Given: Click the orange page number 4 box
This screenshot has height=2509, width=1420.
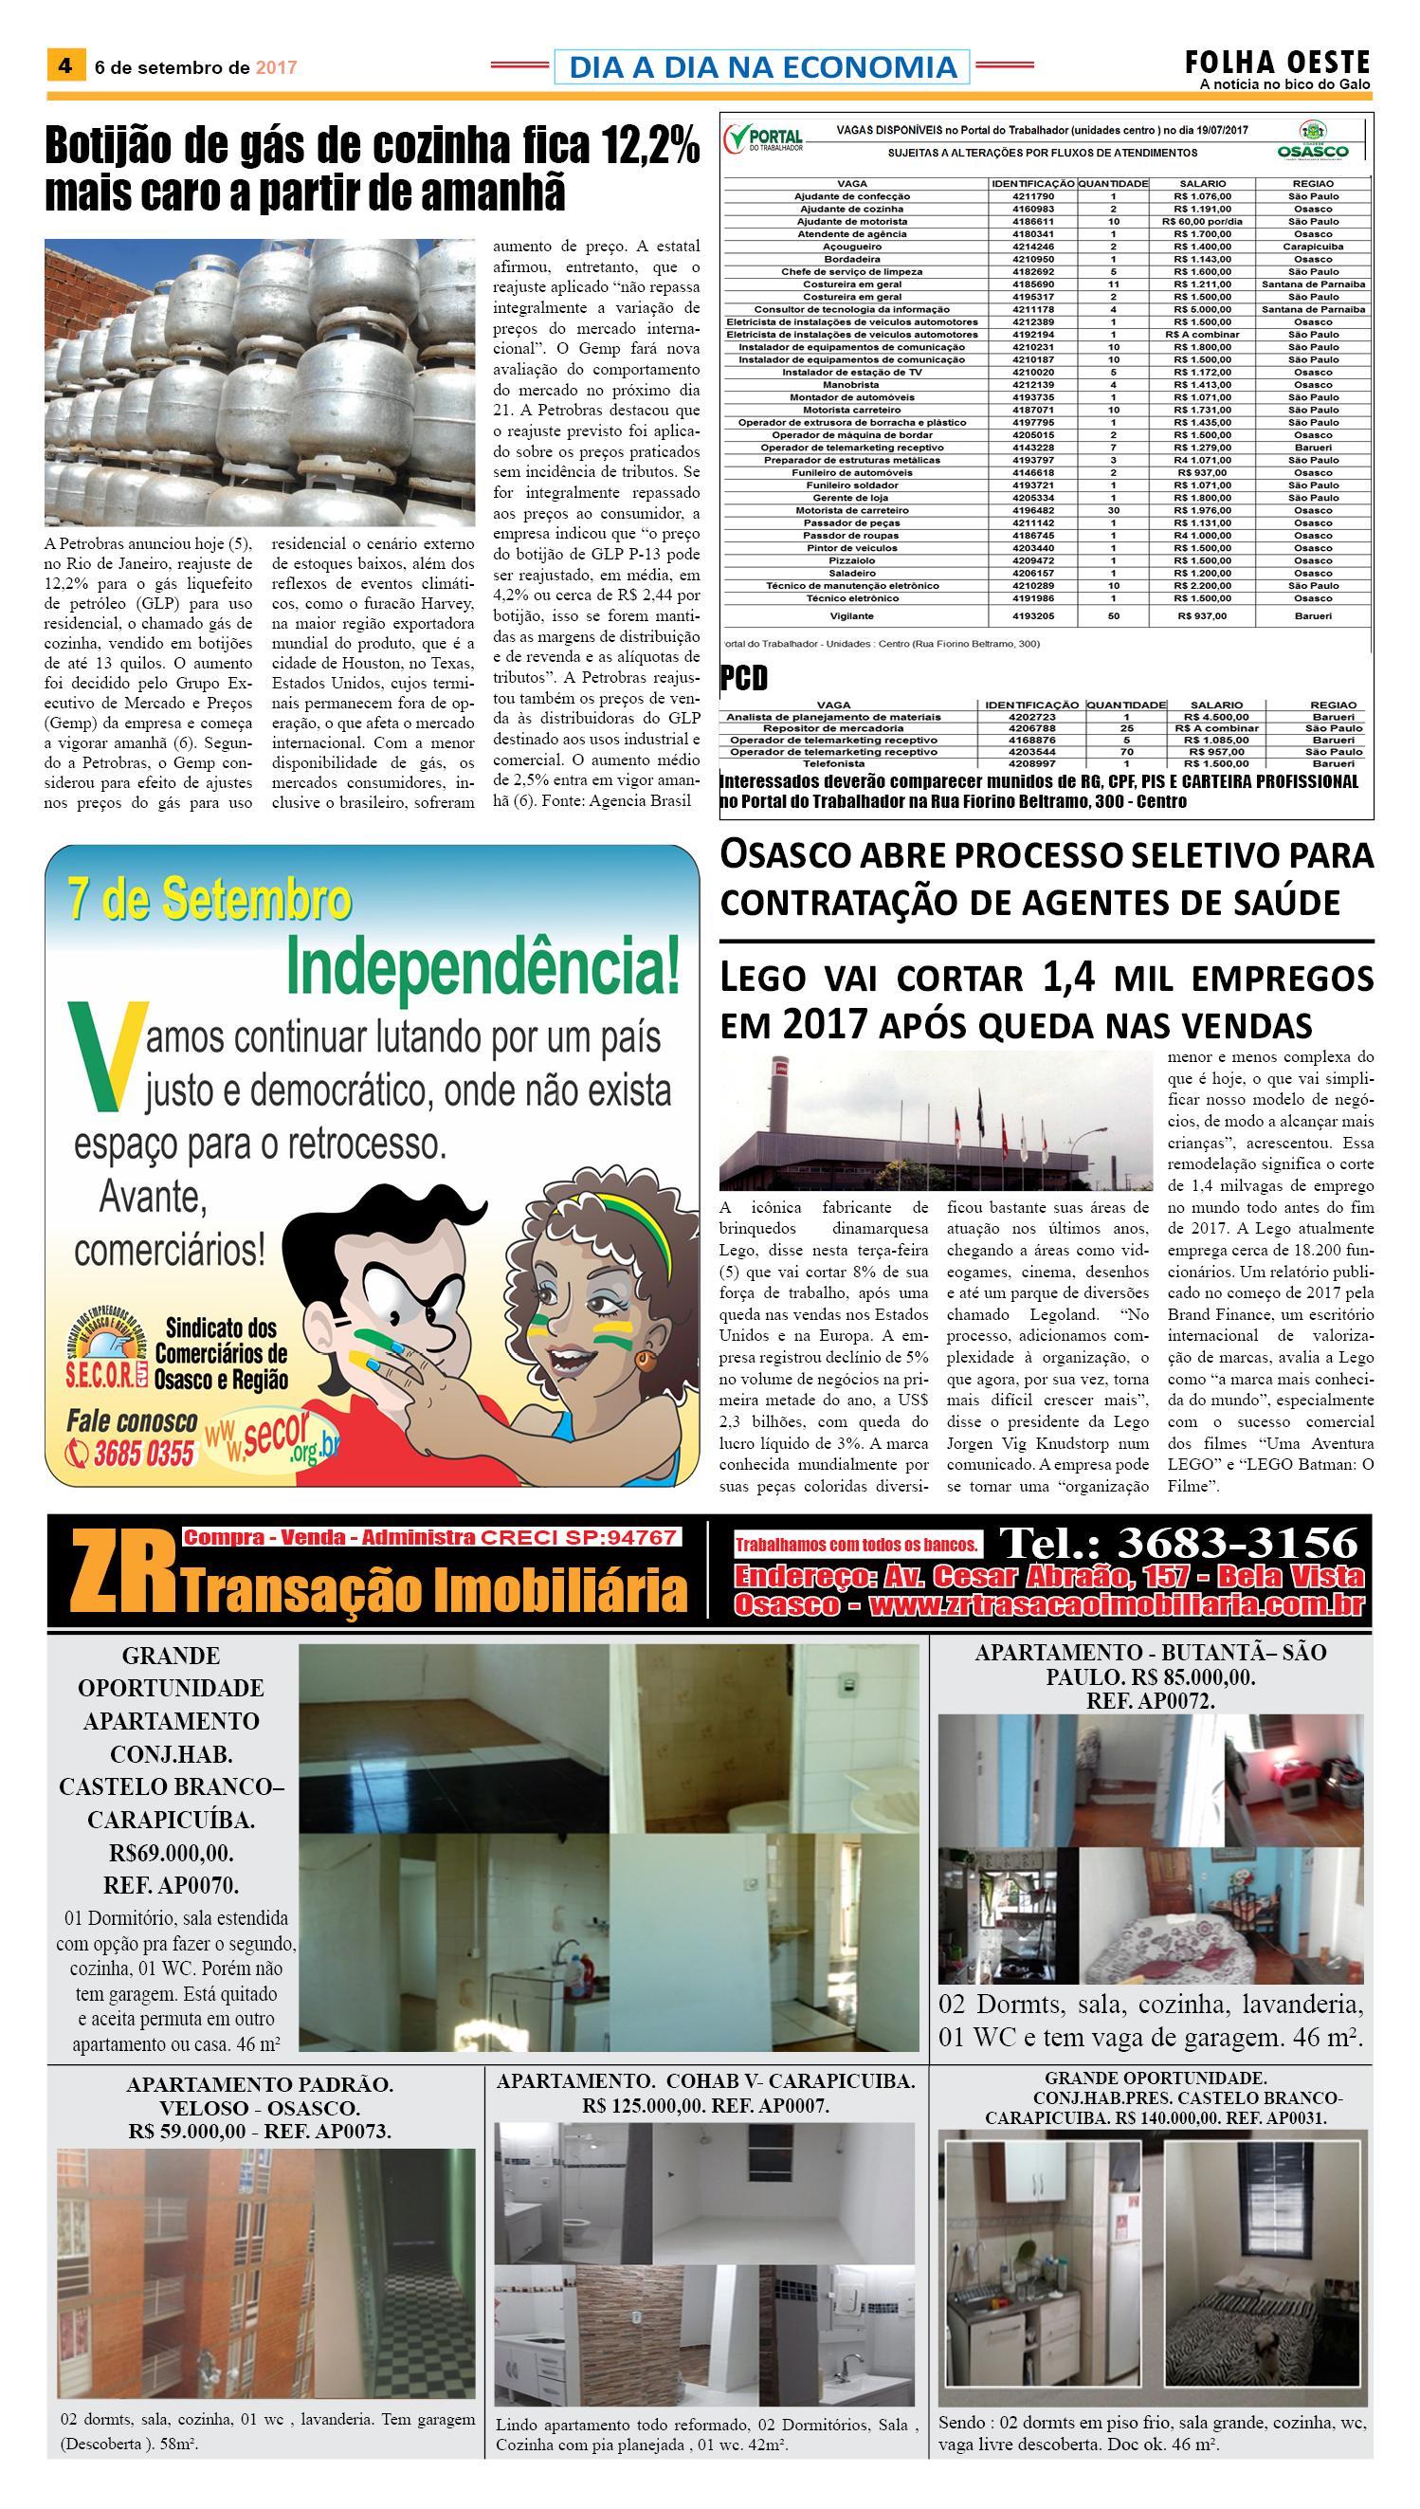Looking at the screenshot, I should point(65,65).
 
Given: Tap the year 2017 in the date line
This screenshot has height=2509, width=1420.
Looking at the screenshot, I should point(276,67).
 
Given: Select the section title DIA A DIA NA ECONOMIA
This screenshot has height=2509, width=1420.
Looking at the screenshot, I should point(762,66).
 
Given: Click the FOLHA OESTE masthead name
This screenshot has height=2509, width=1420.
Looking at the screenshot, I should point(1277,63).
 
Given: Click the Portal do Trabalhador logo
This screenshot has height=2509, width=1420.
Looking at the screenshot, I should point(765,139).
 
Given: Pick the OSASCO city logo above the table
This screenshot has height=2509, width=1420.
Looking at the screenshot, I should point(1313,141).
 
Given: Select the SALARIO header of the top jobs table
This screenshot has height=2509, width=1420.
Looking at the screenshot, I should point(1203,183).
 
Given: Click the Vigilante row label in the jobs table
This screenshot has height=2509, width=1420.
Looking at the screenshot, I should point(851,615).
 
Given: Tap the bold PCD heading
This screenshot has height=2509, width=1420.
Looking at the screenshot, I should point(744,677).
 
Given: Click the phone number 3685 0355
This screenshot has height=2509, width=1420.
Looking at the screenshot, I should point(143,1454).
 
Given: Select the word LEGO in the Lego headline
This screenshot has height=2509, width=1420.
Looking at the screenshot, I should point(763,978).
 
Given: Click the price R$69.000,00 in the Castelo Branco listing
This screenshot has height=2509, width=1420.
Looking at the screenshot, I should point(172,1852).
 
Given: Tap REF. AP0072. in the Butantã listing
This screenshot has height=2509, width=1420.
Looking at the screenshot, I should point(1151,1700).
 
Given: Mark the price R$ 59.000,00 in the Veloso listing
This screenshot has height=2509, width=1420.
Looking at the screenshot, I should point(188,2131).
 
